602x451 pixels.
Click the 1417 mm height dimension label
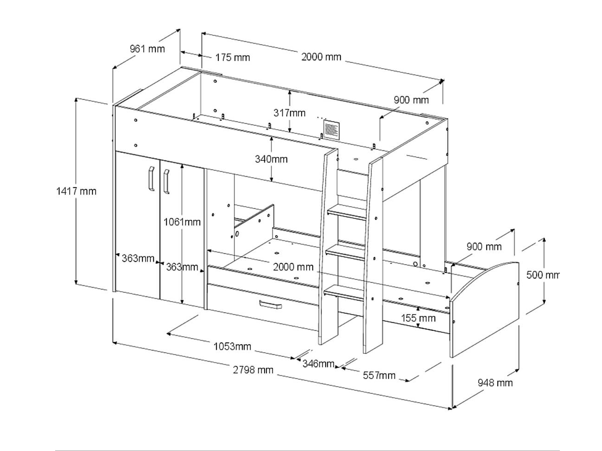tap(76, 191)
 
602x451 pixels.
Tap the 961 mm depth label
tap(147, 49)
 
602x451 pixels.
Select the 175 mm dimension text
tap(233, 58)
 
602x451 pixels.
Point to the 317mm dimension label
tap(289, 113)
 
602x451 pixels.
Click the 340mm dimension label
tap(271, 159)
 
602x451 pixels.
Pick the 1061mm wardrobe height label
tap(182, 222)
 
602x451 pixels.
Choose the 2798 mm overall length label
tap(253, 370)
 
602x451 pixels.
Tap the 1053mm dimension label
tap(232, 347)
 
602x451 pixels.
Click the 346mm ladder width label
tap(318, 364)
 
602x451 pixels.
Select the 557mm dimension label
tap(379, 376)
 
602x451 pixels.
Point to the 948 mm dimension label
tap(495, 383)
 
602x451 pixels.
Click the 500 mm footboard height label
tap(543, 275)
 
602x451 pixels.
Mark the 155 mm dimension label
tap(418, 318)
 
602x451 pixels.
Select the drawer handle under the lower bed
tap(270, 305)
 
